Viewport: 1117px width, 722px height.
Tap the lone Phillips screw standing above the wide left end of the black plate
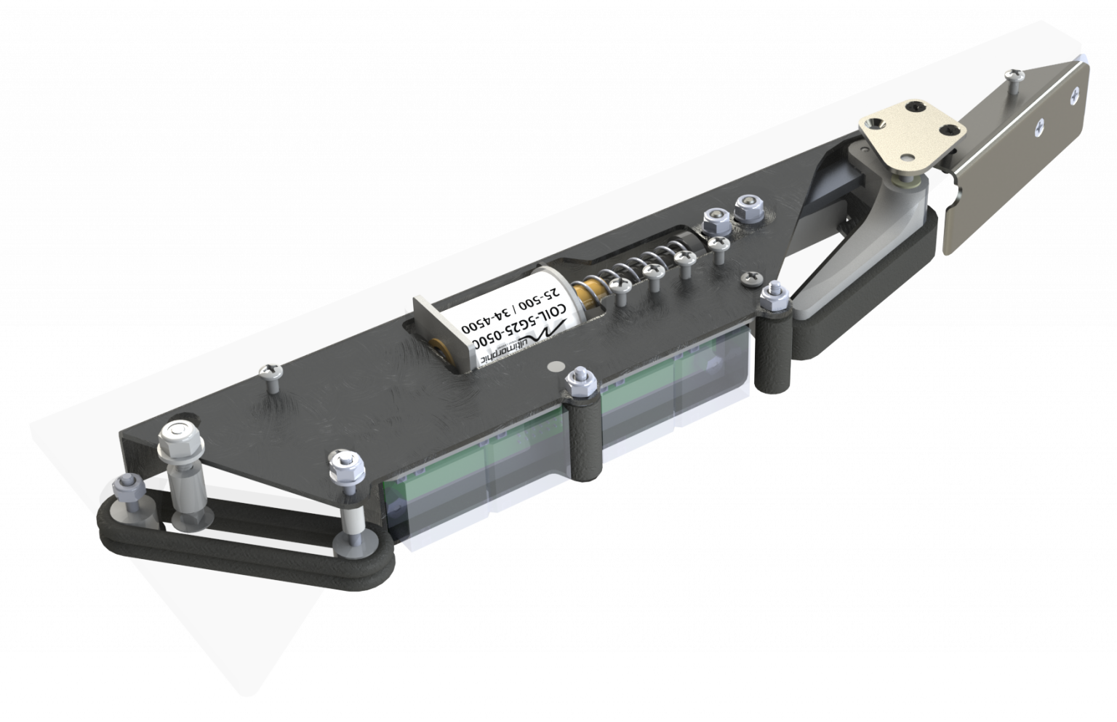click(271, 372)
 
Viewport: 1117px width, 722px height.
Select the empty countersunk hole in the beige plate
click(907, 156)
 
